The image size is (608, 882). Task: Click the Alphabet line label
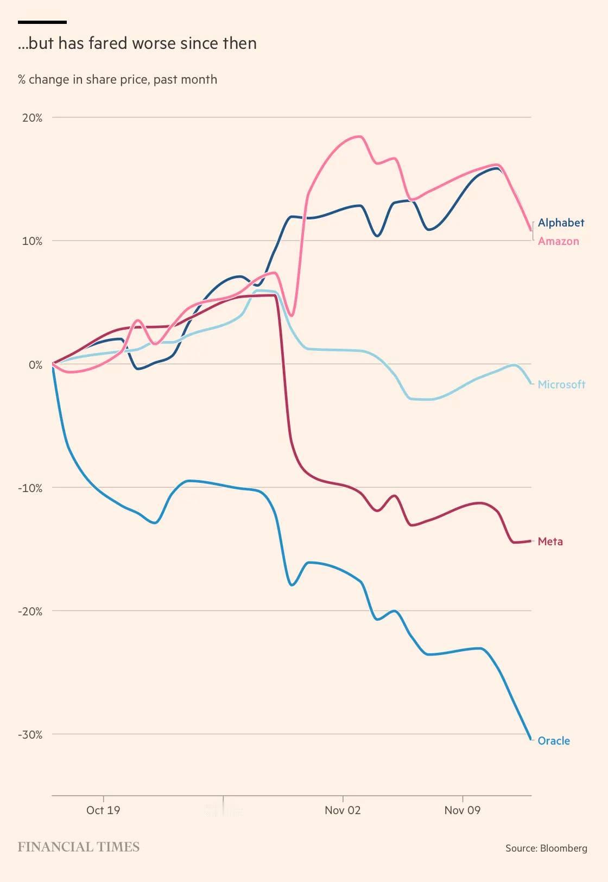pyautogui.click(x=561, y=223)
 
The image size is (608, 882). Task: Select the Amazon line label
pyautogui.click(x=558, y=241)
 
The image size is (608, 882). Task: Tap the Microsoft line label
pyautogui.click(x=561, y=385)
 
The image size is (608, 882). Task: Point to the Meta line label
pyautogui.click(x=550, y=541)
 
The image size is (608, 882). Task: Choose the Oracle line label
pyautogui.click(x=553, y=741)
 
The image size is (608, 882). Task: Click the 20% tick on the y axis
pyautogui.click(x=32, y=118)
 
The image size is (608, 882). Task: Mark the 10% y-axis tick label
pyautogui.click(x=32, y=241)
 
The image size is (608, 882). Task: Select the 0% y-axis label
pyautogui.click(x=35, y=365)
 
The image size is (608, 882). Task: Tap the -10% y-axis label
pyautogui.click(x=30, y=488)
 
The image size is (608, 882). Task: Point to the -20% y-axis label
pyautogui.click(x=30, y=612)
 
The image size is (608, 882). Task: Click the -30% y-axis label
pyautogui.click(x=30, y=735)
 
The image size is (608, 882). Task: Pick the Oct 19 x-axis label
pyautogui.click(x=103, y=810)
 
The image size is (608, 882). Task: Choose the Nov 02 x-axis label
pyautogui.click(x=343, y=810)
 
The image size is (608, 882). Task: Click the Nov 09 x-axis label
pyautogui.click(x=463, y=810)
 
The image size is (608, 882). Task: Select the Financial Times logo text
pyautogui.click(x=79, y=847)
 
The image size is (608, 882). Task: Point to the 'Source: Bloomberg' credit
pyautogui.click(x=546, y=848)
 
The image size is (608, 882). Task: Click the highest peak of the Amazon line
pyautogui.click(x=359, y=136)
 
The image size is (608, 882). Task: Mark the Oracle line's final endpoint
pyautogui.click(x=530, y=739)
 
